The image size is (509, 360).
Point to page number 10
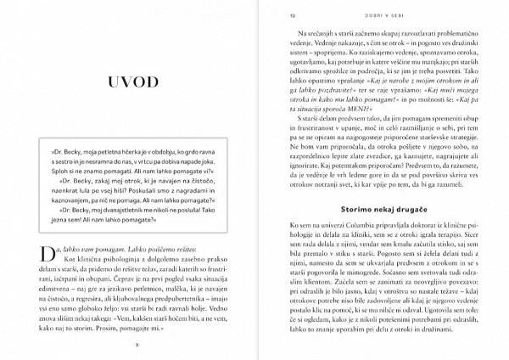click(x=292, y=14)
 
